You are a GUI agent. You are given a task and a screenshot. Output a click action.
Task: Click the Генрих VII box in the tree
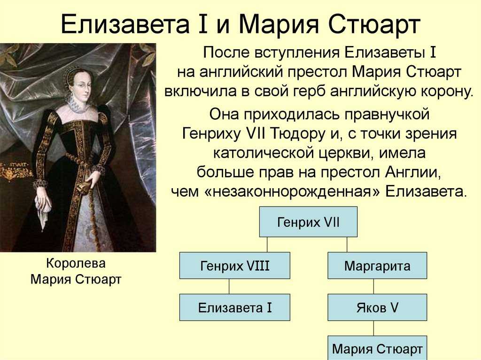tap(308, 222)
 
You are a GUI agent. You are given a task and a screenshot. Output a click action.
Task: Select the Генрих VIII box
tap(235, 266)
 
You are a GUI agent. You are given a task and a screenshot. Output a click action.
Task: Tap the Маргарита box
tap(377, 266)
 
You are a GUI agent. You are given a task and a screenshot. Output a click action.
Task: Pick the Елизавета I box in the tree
tap(235, 307)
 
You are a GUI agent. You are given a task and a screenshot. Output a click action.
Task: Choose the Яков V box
tap(377, 307)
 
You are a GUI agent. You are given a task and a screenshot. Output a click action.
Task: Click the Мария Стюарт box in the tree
tap(377, 348)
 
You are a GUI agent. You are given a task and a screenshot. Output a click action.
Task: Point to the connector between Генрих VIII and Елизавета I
tap(229, 286)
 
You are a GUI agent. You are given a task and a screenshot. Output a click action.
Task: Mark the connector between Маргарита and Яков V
tap(373, 286)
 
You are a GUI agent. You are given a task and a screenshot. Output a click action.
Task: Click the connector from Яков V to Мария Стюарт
tap(373, 328)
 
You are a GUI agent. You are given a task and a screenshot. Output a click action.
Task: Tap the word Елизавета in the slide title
tap(125, 24)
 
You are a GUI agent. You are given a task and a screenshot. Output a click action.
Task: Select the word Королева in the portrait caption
tap(76, 263)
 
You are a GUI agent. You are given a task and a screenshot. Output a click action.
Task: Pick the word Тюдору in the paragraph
tap(298, 134)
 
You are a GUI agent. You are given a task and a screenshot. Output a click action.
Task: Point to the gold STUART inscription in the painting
tap(18, 166)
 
